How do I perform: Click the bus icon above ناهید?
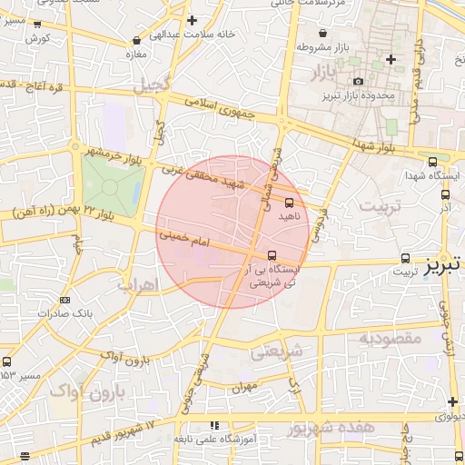pyautogui.click(x=290, y=203)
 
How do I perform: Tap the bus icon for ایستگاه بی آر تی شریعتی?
pyautogui.click(x=273, y=255)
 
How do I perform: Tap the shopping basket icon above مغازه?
pyautogui.click(x=136, y=40)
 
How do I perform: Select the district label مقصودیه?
pyautogui.click(x=391, y=338)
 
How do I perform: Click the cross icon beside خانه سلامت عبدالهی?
pyautogui.click(x=191, y=20)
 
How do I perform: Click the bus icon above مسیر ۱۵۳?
pyautogui.click(x=6, y=361)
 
